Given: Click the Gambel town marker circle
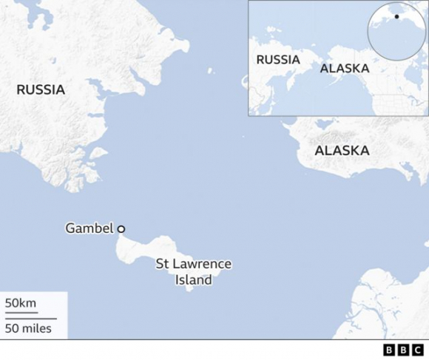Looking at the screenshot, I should tap(121, 229).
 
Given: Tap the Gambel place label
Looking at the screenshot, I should tap(89, 228).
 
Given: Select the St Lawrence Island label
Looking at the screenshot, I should tap(194, 271).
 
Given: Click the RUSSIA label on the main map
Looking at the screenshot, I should tap(41, 90).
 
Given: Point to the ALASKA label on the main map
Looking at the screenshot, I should tap(342, 151).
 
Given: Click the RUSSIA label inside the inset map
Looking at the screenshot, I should tap(278, 59).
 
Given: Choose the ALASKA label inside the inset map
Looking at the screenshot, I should tap(344, 68).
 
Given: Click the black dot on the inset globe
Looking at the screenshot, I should tap(396, 16).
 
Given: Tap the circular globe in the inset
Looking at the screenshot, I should tap(397, 31).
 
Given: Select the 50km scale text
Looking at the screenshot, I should tap(21, 303).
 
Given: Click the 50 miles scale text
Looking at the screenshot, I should tap(28, 328).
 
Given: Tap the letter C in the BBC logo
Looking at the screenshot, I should tap(419, 350).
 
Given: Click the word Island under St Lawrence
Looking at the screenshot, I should tap(194, 279).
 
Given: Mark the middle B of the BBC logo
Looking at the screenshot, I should tap(404, 350).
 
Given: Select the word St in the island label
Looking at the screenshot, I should tap(163, 264).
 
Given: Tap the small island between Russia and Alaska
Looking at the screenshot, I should tap(210, 71).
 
